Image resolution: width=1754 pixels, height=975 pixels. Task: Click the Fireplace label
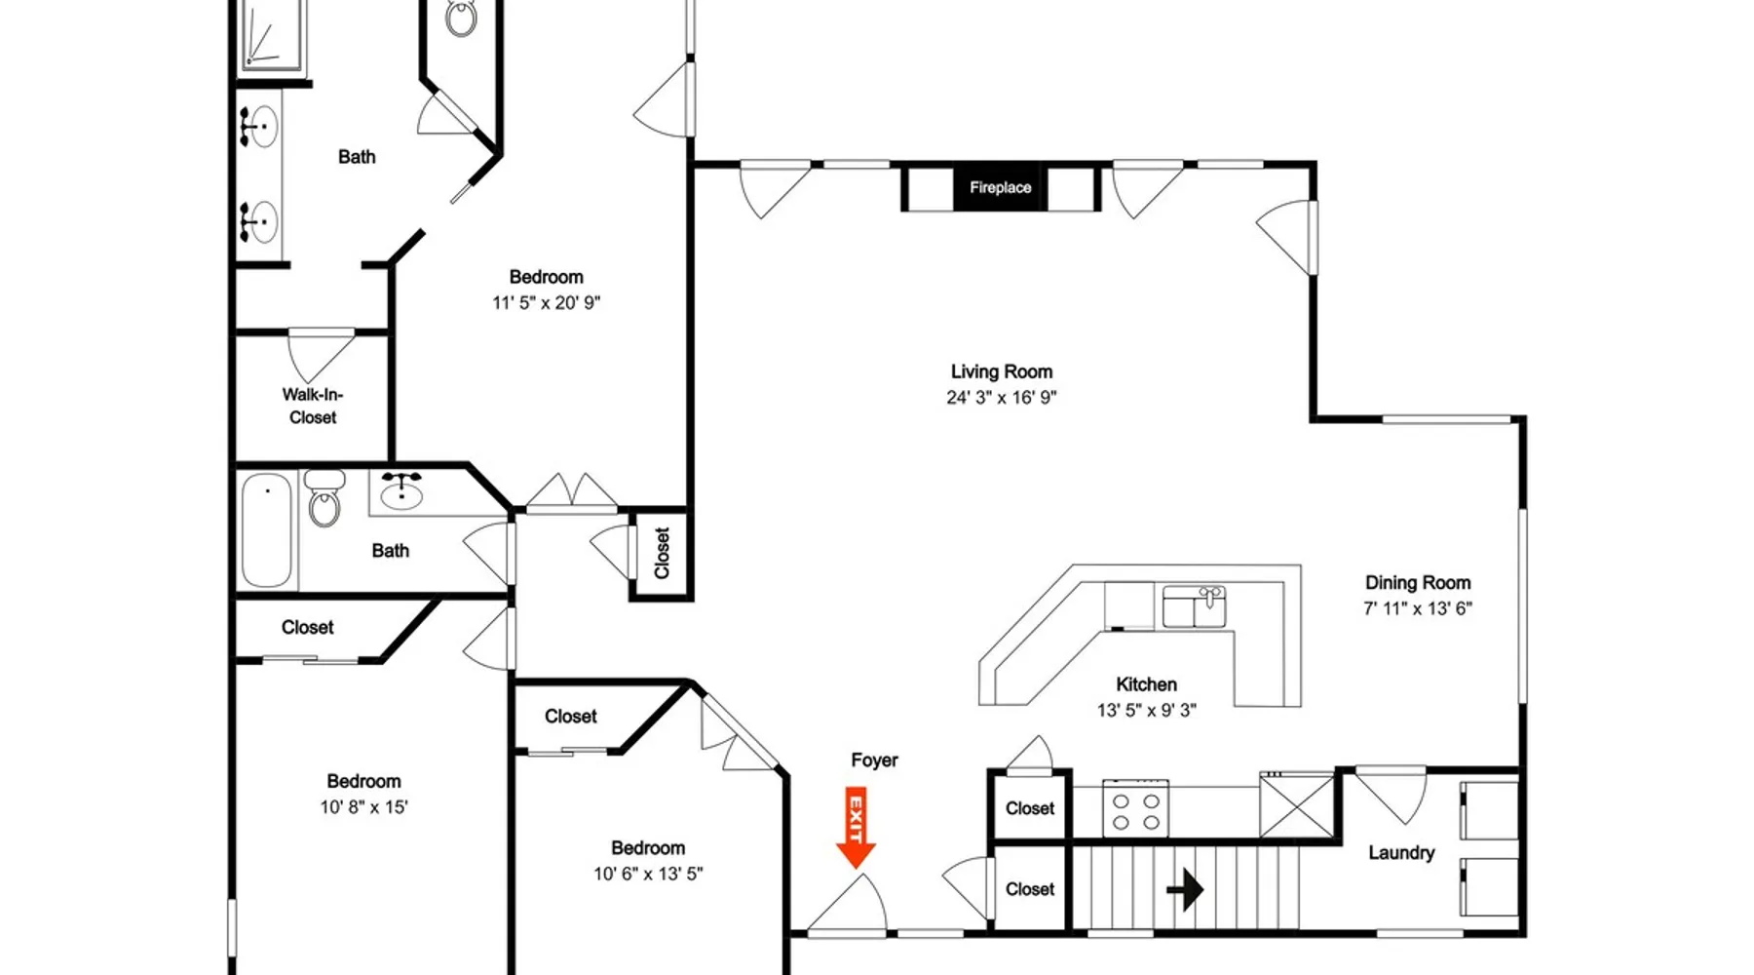click(1000, 187)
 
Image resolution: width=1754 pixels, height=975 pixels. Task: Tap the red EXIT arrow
click(857, 827)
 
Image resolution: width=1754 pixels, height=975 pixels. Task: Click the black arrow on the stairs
click(1185, 889)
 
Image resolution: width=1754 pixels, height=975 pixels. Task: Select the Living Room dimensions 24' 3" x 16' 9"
click(1002, 397)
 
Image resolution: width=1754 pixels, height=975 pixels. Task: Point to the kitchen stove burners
click(1136, 810)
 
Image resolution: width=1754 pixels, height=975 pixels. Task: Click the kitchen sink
click(1194, 606)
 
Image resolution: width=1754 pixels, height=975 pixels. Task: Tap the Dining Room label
click(1418, 582)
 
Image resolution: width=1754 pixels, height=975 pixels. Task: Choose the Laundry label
click(1401, 852)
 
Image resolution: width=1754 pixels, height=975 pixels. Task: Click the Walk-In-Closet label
click(313, 406)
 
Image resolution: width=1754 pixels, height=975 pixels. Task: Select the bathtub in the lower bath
click(267, 530)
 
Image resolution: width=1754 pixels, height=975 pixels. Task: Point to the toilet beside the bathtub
click(324, 497)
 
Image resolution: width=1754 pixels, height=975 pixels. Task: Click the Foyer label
click(874, 760)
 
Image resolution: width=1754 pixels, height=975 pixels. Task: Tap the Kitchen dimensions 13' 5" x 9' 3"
click(1147, 710)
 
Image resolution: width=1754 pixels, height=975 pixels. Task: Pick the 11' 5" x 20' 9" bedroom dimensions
click(546, 302)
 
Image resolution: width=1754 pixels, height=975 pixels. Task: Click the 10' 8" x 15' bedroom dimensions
click(363, 806)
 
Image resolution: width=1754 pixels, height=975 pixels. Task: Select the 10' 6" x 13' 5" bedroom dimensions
click(648, 874)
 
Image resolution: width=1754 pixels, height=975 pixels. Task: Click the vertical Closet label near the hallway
click(662, 553)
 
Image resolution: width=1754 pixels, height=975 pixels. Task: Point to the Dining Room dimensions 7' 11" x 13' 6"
click(1418, 607)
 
